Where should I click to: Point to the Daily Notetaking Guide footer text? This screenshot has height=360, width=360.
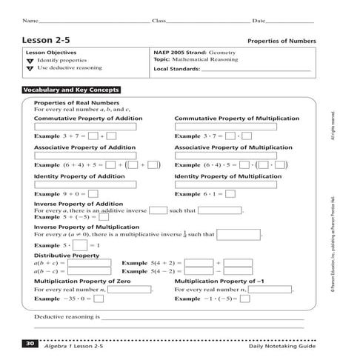click(x=282, y=346)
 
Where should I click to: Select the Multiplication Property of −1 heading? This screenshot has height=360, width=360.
click(x=227, y=281)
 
